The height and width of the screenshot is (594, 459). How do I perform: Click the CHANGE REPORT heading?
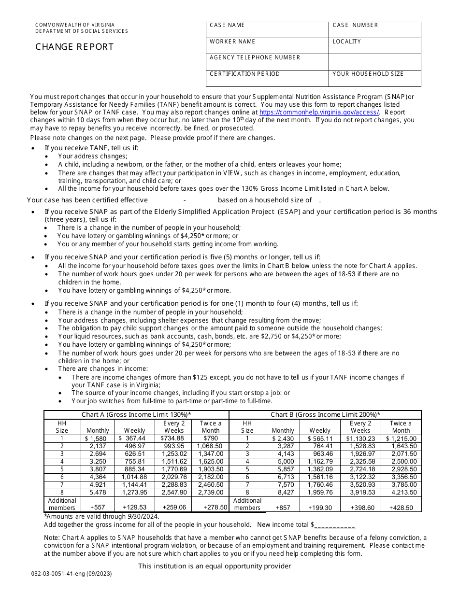74,47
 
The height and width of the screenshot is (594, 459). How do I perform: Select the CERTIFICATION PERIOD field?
267,79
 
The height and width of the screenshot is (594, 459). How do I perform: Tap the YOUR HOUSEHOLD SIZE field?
374,79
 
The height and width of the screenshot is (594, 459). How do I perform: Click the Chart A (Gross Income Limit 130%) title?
136,414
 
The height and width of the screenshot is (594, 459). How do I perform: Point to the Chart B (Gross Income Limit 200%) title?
325,414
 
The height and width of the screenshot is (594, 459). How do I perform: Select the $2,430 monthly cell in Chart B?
283,438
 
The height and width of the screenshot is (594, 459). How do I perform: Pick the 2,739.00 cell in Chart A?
210,493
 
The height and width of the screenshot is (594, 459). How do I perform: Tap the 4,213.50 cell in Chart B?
401,493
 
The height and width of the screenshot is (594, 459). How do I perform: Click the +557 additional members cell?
98,508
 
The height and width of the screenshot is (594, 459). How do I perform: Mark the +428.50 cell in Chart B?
401,508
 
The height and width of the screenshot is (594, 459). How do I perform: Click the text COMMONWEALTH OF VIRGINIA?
75,25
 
